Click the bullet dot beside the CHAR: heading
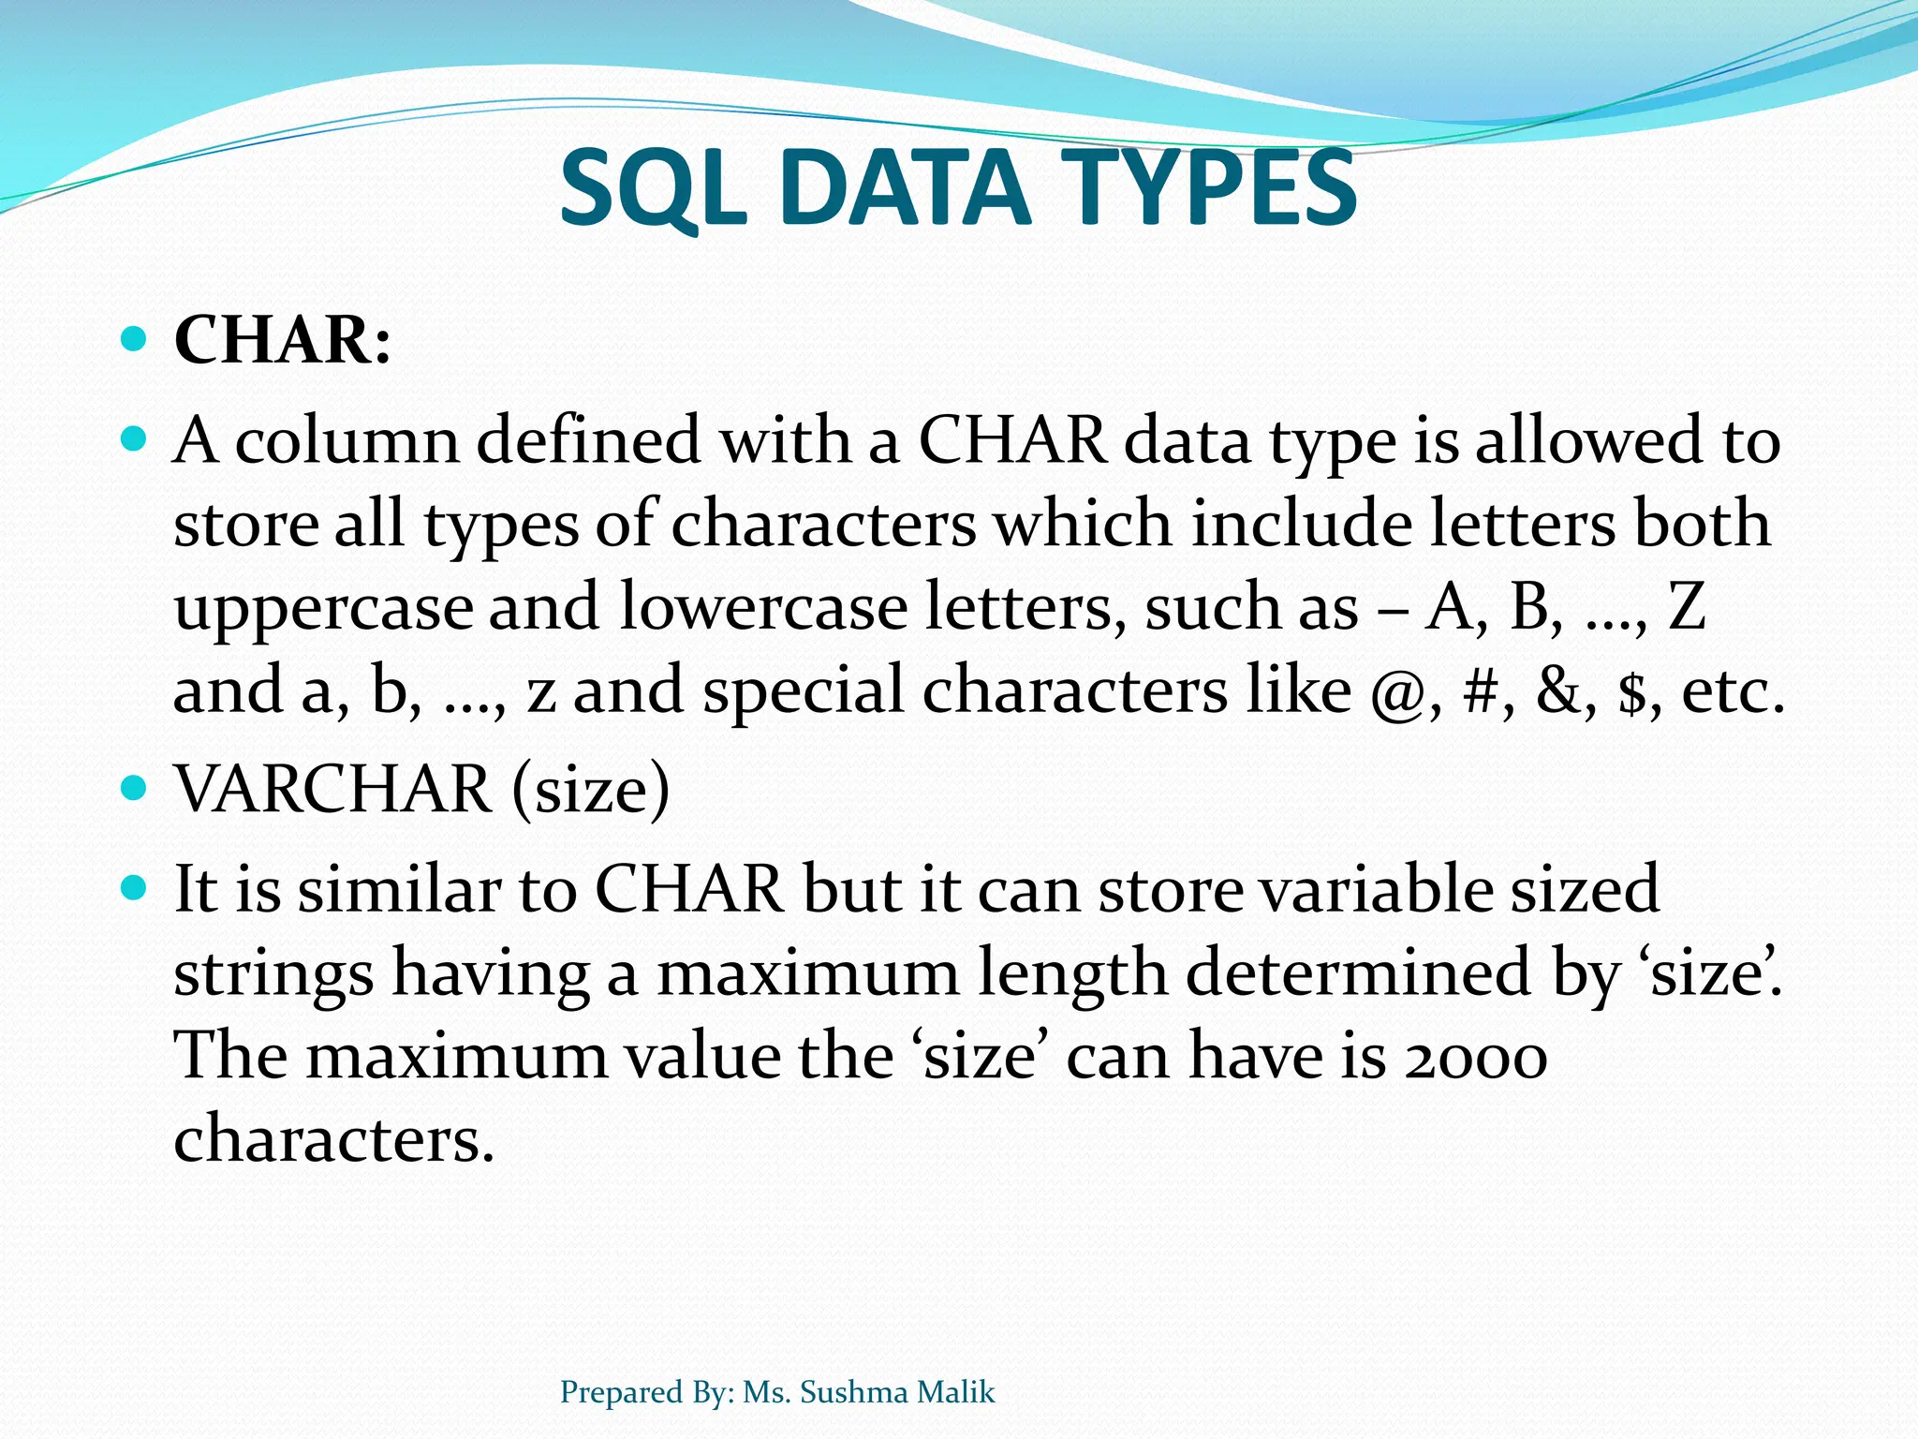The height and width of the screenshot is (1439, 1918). click(135, 338)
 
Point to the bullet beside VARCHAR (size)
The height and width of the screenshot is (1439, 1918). click(135, 788)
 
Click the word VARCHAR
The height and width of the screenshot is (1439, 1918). click(333, 789)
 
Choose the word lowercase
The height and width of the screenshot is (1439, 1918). click(763, 607)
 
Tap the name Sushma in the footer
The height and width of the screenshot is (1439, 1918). click(854, 1392)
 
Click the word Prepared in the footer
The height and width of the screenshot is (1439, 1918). click(620, 1393)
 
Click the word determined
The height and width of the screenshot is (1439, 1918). click(1358, 972)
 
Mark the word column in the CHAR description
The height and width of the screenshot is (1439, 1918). click(347, 440)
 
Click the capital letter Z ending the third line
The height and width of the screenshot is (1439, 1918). click(1687, 607)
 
